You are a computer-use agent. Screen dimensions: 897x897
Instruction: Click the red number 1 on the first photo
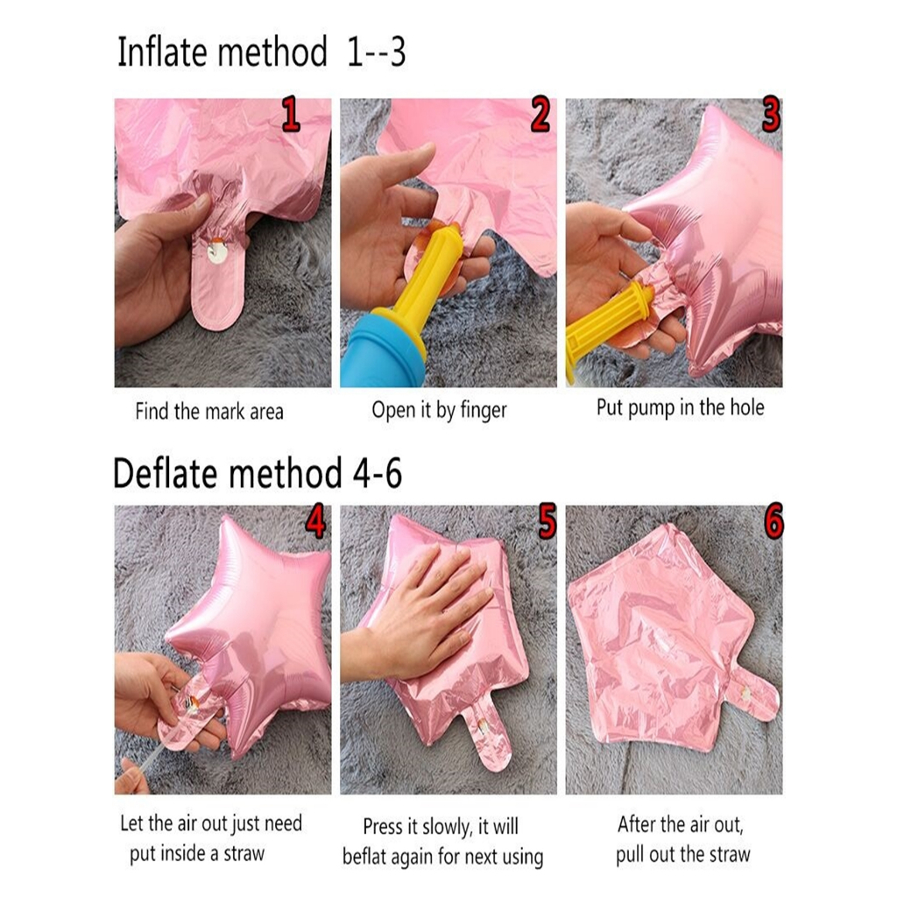click(291, 115)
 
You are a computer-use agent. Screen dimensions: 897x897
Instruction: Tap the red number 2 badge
click(540, 115)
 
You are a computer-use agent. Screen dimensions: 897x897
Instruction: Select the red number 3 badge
click(771, 115)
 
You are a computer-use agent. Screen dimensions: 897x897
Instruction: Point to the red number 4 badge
click(314, 521)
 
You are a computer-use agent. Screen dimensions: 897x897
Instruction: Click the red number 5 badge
click(547, 521)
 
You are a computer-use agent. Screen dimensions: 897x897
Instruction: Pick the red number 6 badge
click(773, 521)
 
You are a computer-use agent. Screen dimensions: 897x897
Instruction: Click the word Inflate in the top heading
click(162, 52)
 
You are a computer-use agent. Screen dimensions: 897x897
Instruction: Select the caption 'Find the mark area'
click(209, 412)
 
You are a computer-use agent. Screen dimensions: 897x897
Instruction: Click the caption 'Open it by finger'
click(440, 410)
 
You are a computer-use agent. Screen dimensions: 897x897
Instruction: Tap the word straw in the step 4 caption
click(244, 853)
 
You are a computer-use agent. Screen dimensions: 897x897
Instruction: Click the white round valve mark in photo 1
click(217, 251)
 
